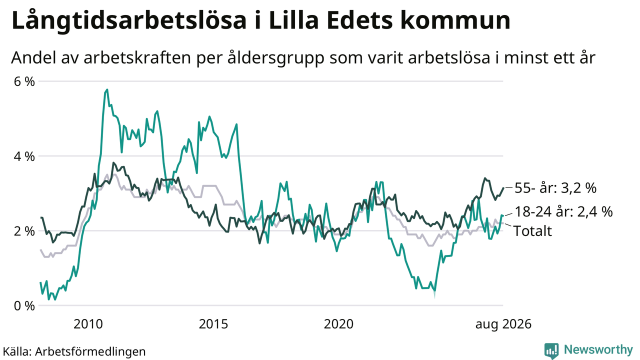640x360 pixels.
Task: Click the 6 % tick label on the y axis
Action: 24,81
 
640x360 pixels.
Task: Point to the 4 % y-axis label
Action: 24,156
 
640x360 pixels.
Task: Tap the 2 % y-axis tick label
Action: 24,231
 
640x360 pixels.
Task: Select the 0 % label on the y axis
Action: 24,306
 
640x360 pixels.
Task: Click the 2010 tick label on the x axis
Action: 88,324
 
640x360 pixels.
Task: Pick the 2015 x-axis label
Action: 213,324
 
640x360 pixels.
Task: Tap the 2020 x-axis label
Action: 338,324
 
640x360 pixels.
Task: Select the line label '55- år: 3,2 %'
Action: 555,188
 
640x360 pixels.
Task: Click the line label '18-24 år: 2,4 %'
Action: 563,211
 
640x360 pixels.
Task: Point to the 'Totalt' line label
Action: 532,231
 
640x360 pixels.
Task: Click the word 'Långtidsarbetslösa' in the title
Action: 129,20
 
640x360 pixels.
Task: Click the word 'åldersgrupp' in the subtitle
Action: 276,58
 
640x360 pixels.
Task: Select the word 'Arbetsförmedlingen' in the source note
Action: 90,351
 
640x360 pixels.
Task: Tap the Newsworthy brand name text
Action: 598,349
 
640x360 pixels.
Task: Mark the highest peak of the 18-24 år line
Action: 107,89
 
